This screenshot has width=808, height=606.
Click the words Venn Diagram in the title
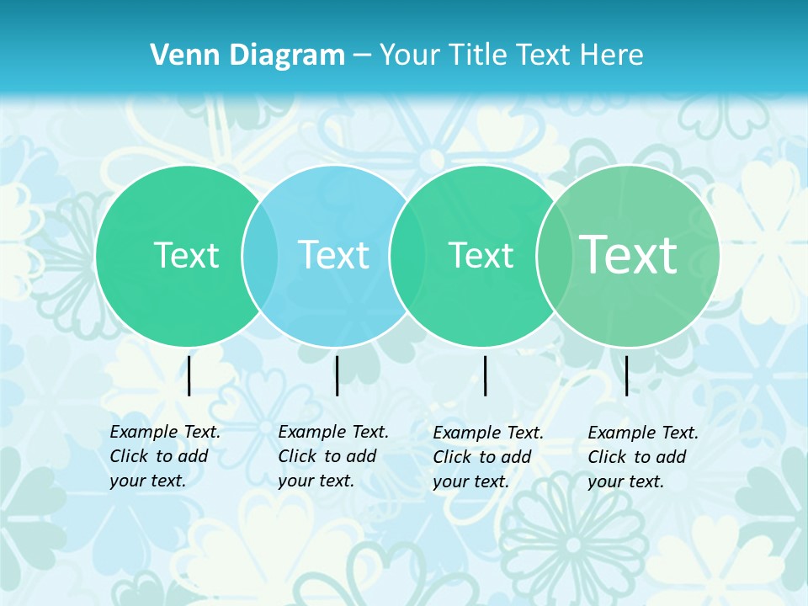(x=247, y=56)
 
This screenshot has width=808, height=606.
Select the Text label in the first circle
(x=186, y=255)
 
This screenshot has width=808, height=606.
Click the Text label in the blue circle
(x=333, y=255)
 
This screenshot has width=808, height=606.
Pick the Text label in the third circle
(x=481, y=255)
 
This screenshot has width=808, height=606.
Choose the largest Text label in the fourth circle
(x=628, y=254)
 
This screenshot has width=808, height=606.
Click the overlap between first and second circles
(x=260, y=255)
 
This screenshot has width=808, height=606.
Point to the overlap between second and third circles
(x=407, y=255)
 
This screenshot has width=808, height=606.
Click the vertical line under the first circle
(x=189, y=375)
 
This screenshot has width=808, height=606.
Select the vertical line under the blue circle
(x=337, y=375)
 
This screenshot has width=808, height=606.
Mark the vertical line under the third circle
(x=486, y=375)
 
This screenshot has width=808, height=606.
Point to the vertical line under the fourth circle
(x=627, y=375)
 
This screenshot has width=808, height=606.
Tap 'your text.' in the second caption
(x=316, y=481)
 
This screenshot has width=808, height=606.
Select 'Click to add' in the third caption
(x=481, y=457)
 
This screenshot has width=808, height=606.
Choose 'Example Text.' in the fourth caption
(x=643, y=433)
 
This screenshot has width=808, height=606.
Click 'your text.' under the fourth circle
(x=625, y=481)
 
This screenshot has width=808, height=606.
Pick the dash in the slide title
(x=362, y=56)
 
